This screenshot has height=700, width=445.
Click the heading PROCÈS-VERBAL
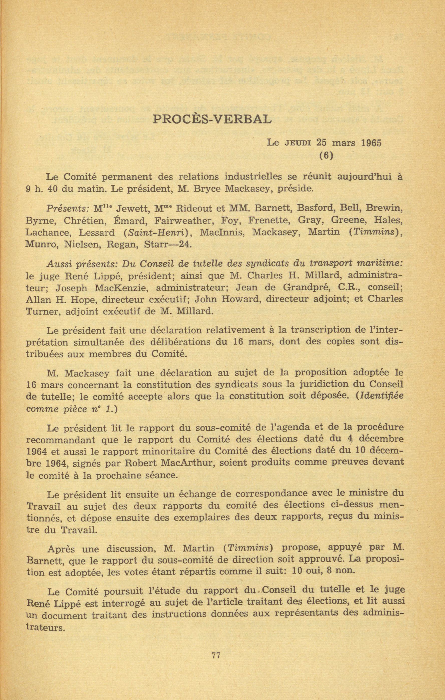(212, 119)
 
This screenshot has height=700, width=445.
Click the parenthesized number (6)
(326, 156)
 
